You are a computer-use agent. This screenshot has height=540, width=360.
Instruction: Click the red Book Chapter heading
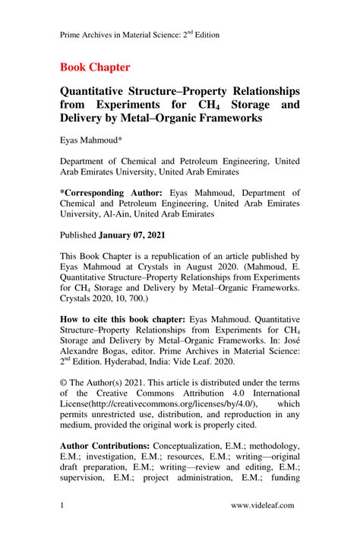tap(95, 67)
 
